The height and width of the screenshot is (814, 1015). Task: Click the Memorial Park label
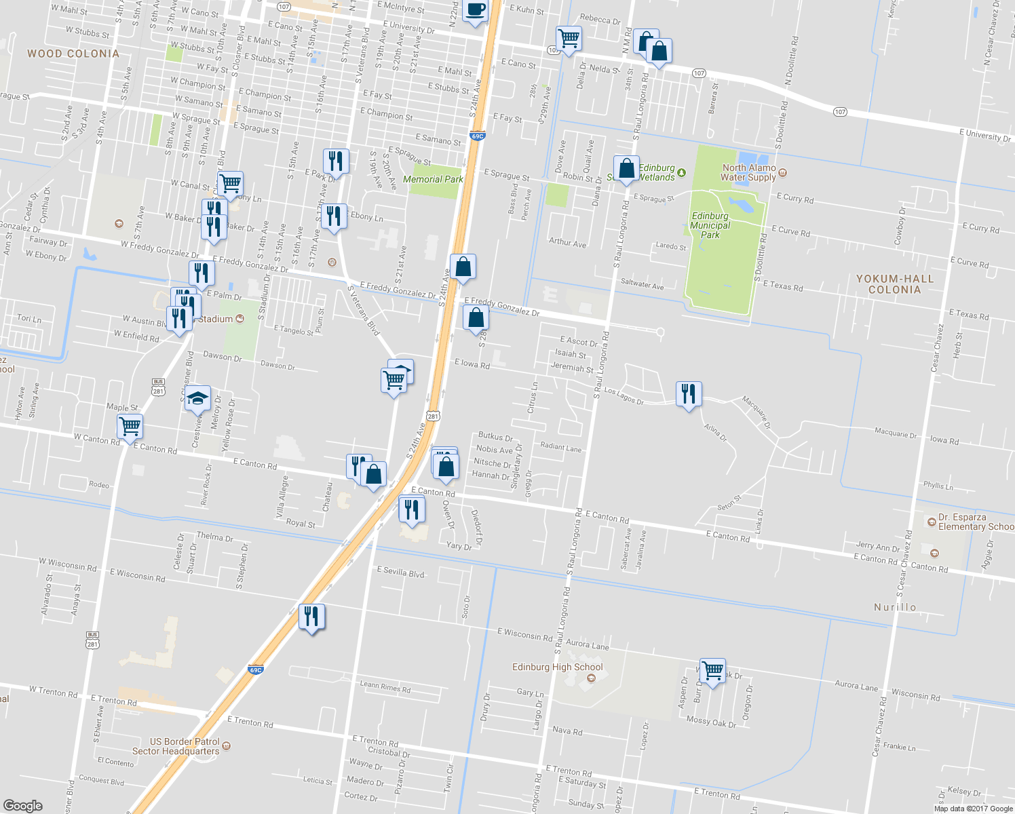[433, 179]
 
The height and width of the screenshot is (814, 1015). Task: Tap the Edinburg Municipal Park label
[710, 225]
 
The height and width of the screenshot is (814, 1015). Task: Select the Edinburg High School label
[557, 667]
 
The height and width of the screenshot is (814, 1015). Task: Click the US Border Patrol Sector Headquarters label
[176, 746]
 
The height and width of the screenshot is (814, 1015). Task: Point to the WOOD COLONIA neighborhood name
[73, 54]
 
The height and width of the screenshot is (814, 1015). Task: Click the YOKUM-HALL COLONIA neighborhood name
[894, 284]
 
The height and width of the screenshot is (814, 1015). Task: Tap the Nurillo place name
[895, 607]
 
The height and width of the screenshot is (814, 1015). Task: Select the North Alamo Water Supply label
[748, 172]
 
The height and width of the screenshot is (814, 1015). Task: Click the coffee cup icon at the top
[475, 10]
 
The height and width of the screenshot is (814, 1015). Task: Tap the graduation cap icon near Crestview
[197, 398]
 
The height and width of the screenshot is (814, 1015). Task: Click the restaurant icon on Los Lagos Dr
[689, 393]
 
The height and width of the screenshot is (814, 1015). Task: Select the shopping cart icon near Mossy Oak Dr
[712, 671]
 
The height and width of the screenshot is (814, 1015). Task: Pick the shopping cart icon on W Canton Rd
[130, 427]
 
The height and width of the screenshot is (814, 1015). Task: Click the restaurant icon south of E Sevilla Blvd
[311, 616]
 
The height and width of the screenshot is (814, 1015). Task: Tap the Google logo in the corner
[22, 805]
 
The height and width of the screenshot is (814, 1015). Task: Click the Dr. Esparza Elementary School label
[975, 522]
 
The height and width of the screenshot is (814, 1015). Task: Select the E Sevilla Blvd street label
[400, 572]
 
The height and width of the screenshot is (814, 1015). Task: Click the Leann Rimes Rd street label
[385, 686]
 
